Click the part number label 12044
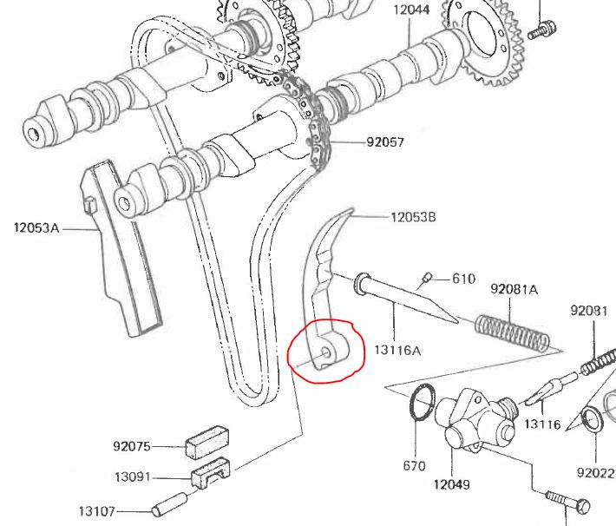tap(412, 10)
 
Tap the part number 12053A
tap(36, 229)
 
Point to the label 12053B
tap(413, 216)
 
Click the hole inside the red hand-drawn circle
tap(327, 352)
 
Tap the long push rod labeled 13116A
tap(408, 299)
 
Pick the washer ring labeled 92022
tap(591, 420)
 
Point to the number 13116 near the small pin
tap(544, 425)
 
